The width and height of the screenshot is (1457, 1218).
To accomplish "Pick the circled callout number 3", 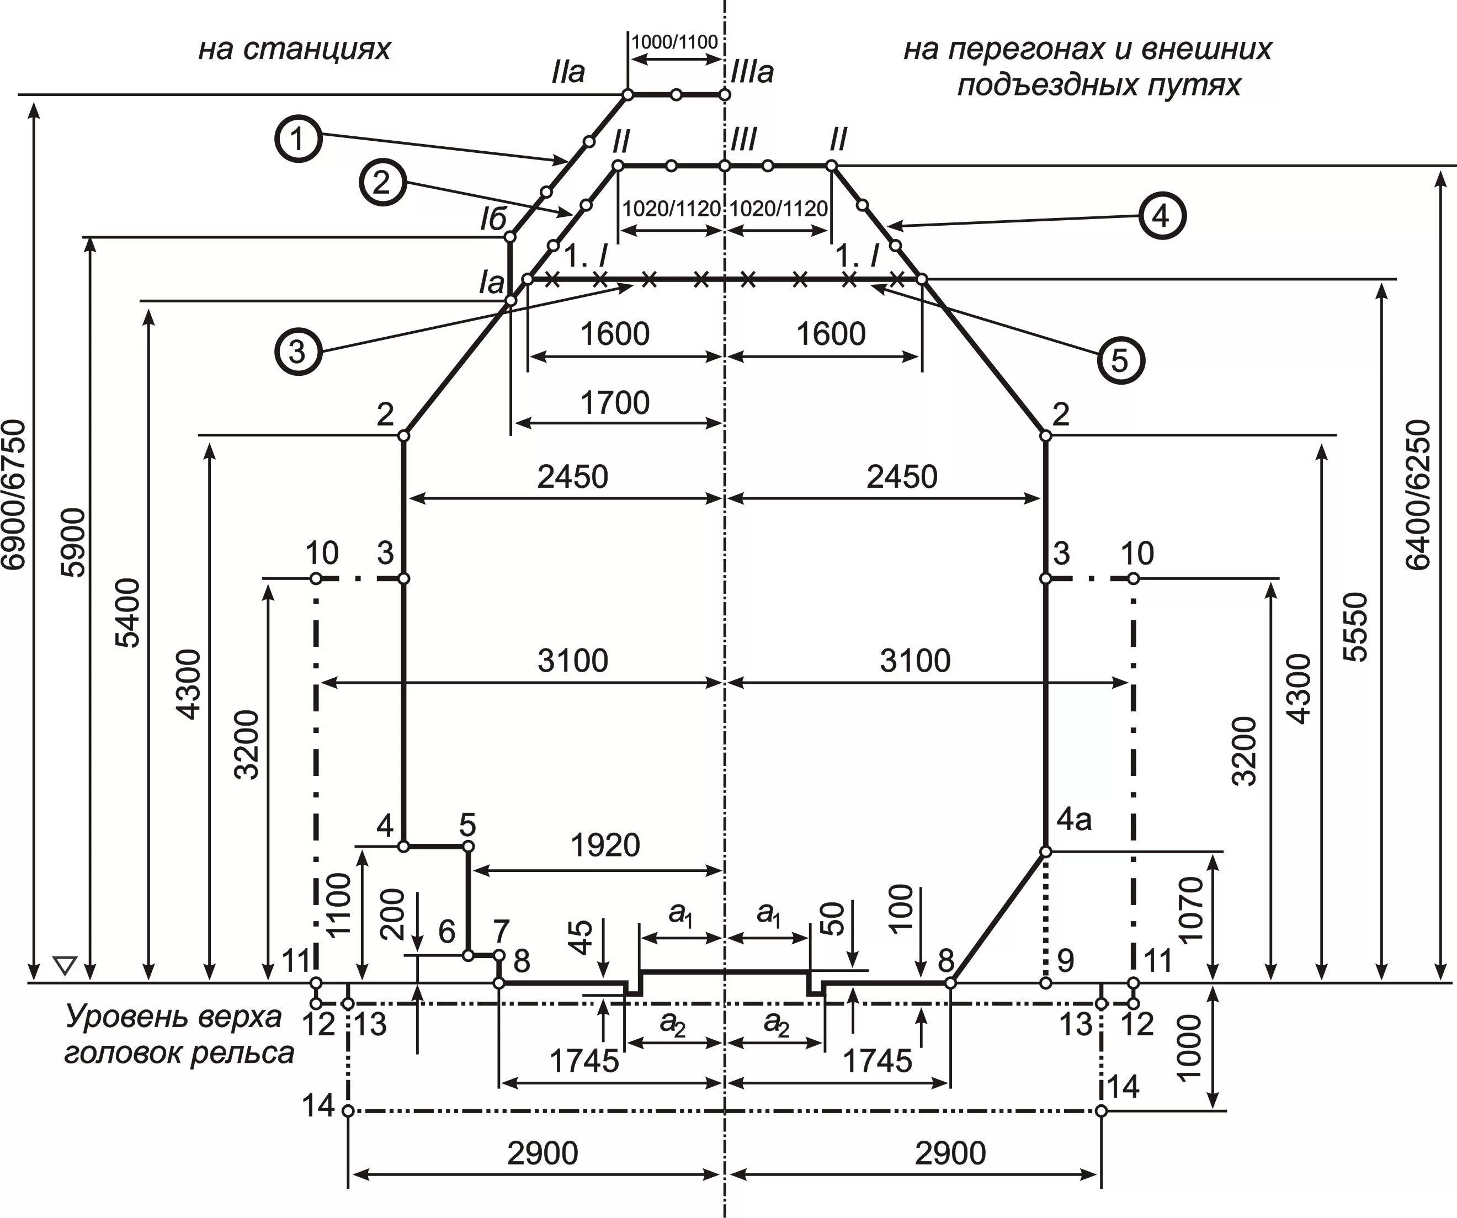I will [x=297, y=352].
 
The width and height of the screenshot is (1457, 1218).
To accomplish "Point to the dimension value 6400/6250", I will [x=1419, y=494].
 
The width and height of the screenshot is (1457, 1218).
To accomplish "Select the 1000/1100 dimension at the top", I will [x=674, y=42].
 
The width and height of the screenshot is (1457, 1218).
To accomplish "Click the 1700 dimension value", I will [x=615, y=403].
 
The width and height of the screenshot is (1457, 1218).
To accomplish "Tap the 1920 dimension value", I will [x=605, y=845].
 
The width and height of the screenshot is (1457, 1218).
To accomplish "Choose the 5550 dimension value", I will [x=1354, y=626].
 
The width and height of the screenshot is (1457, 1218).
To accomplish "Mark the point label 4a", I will [x=1074, y=821].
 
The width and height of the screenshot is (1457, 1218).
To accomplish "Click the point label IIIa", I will [x=752, y=73].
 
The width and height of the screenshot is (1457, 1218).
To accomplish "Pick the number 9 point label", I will [x=1065, y=961].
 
